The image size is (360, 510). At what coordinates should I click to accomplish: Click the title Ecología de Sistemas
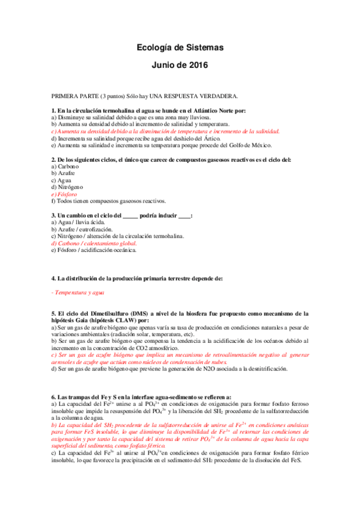tap(180, 47)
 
